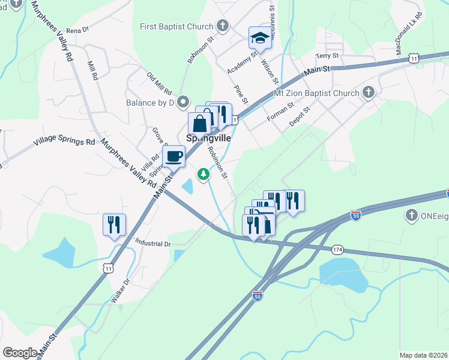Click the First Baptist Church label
pos(176,26)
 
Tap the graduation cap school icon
pos(259,38)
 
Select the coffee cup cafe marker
pos(173,157)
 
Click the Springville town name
pos(209,137)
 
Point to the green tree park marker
pos(204,174)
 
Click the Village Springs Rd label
pos(64,142)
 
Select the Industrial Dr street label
pos(154,244)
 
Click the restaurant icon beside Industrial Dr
pos(114,225)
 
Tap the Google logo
pos(20,352)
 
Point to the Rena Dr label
pos(77,29)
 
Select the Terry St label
pos(328,56)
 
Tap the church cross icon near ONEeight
pos(411,215)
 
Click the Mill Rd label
pos(92,71)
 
